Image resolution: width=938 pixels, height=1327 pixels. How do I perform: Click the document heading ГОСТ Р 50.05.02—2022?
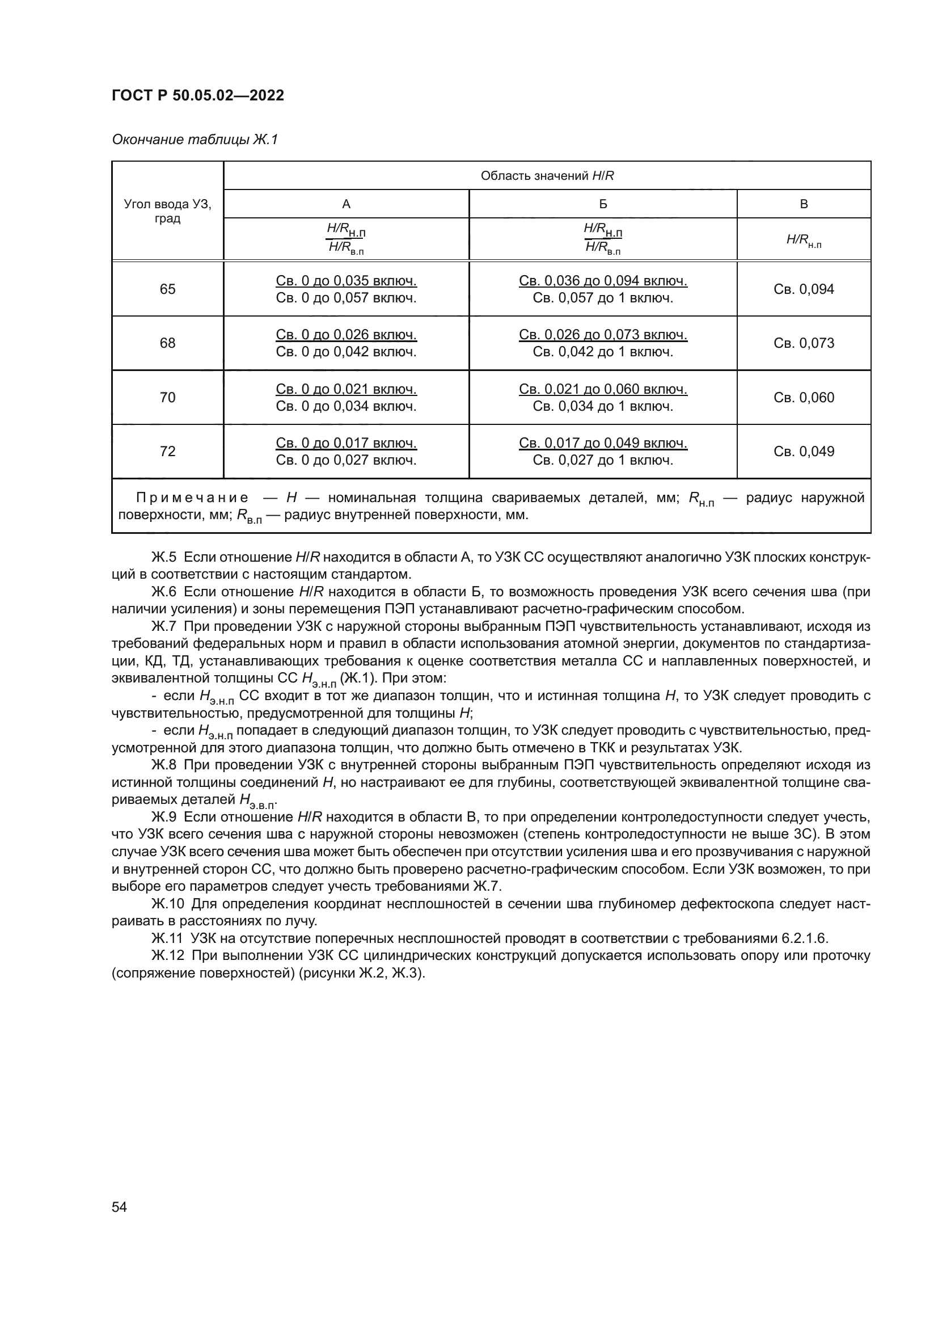pyautogui.click(x=197, y=95)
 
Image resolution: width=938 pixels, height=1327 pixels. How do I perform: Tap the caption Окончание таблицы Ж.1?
pyautogui.click(x=195, y=140)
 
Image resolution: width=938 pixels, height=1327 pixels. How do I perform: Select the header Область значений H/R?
pyautogui.click(x=547, y=176)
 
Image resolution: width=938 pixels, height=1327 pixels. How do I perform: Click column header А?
pyautogui.click(x=346, y=204)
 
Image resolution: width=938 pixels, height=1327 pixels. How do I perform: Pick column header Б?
pyautogui.click(x=602, y=204)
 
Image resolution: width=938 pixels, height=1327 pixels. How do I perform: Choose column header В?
pyautogui.click(x=804, y=204)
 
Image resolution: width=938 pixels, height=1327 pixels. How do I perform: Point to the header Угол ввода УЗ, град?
pyautogui.click(x=167, y=211)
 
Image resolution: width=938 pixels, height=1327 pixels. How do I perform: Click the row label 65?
pyautogui.click(x=167, y=289)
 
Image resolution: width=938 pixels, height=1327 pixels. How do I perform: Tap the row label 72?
pyautogui.click(x=167, y=452)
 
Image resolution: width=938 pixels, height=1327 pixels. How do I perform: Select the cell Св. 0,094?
pyautogui.click(x=804, y=289)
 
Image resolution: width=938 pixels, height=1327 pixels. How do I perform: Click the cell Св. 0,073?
pyautogui.click(x=804, y=343)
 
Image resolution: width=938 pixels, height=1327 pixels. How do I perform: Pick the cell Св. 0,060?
pyautogui.click(x=804, y=398)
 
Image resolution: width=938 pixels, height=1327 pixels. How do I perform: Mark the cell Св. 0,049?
pyautogui.click(x=804, y=452)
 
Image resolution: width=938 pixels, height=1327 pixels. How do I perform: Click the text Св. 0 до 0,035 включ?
pyautogui.click(x=346, y=281)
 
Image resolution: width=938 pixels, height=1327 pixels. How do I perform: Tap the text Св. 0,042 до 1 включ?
pyautogui.click(x=602, y=352)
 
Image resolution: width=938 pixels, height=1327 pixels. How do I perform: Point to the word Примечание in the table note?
pyautogui.click(x=192, y=498)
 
